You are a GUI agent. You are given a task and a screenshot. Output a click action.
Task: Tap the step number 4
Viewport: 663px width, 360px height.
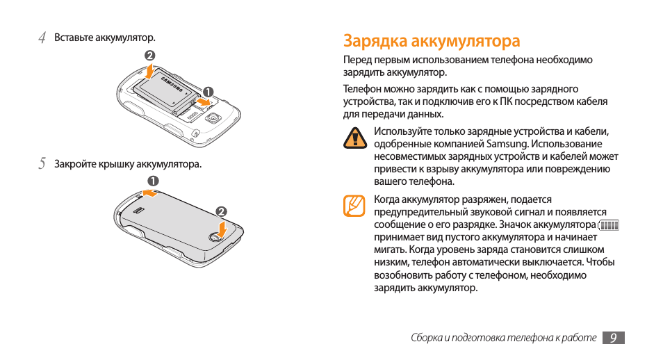(x=42, y=38)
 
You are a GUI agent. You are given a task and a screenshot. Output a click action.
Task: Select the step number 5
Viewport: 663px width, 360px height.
(x=42, y=165)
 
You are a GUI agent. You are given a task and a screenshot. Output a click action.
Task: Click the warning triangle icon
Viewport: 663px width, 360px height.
(x=356, y=138)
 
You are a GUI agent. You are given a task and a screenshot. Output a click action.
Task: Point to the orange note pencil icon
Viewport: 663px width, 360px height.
(x=354, y=206)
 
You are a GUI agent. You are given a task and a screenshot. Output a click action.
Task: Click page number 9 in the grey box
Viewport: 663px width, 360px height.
(x=613, y=338)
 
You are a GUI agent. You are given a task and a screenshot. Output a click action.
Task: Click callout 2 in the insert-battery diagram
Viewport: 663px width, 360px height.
(x=149, y=56)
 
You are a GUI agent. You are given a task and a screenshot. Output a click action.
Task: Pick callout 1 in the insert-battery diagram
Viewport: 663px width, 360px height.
(x=206, y=91)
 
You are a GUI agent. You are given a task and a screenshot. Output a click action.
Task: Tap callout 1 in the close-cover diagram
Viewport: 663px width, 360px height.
(x=152, y=181)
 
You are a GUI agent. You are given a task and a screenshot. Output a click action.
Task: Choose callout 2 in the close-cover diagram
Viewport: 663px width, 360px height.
(x=221, y=211)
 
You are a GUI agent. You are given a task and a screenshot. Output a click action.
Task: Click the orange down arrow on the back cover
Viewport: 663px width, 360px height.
(x=221, y=228)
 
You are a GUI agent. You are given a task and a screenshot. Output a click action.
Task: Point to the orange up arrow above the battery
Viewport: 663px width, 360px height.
(x=150, y=71)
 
